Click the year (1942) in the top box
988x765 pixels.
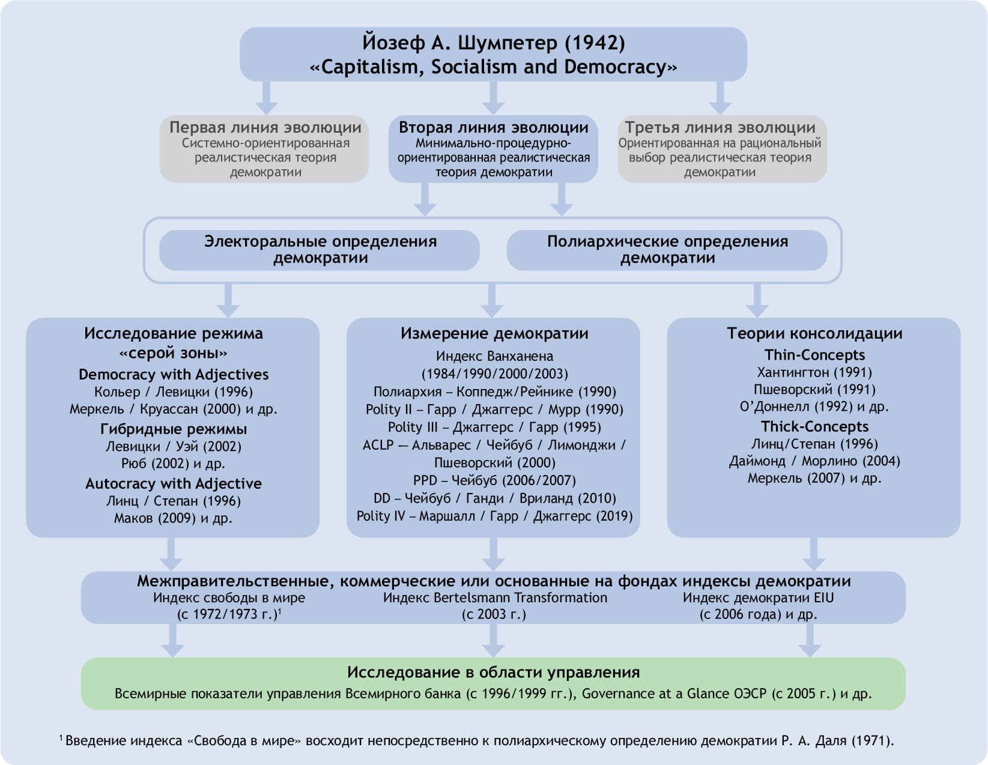point(595,43)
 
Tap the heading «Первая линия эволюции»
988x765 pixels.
point(265,127)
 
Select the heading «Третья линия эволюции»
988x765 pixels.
point(720,127)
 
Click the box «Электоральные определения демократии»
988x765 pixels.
point(320,250)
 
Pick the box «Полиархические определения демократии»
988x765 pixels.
point(667,250)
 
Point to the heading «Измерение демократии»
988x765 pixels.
point(494,334)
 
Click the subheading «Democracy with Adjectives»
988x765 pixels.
point(174,375)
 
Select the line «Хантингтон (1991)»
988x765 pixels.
point(814,372)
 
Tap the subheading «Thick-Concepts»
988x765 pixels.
point(814,426)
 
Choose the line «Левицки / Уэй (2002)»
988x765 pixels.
point(174,447)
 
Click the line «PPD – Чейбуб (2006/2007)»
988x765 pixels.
point(494,480)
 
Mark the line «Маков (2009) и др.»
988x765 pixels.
point(174,518)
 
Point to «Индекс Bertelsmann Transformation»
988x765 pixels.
point(495,598)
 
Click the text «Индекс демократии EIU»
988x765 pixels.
point(758,598)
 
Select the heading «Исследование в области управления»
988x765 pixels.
point(493,673)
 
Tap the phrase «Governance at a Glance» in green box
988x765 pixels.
point(655,694)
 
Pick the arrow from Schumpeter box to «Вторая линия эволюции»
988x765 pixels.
point(493,97)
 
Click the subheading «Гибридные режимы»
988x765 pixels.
point(174,429)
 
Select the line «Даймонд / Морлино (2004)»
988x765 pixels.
point(814,461)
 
